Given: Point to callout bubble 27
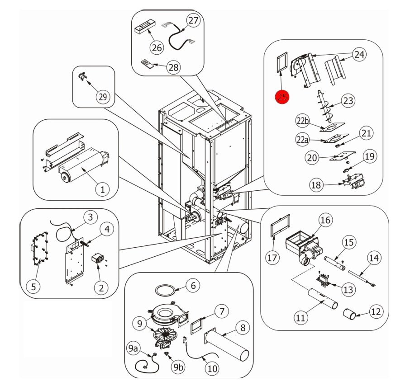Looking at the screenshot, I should [193, 21].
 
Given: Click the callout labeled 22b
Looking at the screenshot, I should [303, 122].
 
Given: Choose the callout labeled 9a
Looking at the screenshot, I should [133, 349].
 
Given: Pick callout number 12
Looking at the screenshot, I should [376, 311].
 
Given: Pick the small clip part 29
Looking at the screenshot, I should [83, 78].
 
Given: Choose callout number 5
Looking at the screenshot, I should [32, 286].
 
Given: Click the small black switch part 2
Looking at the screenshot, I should [98, 261].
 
